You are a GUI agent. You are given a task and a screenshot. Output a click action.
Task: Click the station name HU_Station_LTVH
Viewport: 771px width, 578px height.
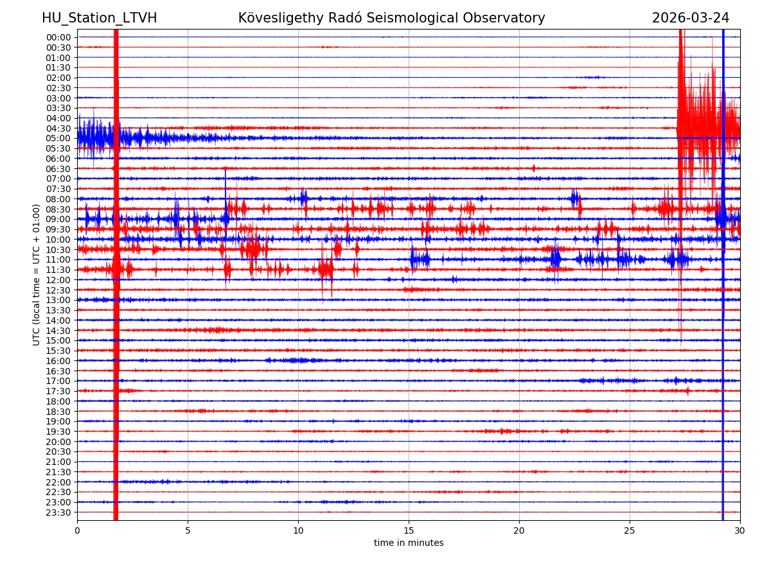click(x=99, y=18)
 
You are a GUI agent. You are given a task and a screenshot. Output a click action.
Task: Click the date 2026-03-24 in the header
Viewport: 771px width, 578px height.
click(x=691, y=18)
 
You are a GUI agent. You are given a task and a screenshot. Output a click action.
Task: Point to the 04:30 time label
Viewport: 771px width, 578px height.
click(x=58, y=128)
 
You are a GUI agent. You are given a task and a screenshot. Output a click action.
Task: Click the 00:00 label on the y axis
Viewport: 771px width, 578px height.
click(x=58, y=37)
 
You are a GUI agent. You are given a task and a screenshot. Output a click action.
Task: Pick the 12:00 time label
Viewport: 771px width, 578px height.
click(x=58, y=280)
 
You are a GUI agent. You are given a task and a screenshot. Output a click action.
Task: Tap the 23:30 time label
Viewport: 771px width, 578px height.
click(x=58, y=512)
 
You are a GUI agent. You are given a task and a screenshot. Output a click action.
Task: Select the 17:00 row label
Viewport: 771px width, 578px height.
click(x=58, y=381)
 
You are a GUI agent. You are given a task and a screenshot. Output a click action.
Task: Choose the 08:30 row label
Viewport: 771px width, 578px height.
click(x=58, y=209)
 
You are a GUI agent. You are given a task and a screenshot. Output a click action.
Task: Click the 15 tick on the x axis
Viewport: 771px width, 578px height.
click(x=409, y=531)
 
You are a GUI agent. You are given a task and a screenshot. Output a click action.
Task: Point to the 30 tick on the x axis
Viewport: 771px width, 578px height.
click(x=740, y=531)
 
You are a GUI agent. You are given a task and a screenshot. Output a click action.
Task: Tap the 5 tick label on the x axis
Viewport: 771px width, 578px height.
click(x=188, y=531)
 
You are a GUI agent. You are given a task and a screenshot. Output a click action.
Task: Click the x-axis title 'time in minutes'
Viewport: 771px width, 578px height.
click(x=409, y=543)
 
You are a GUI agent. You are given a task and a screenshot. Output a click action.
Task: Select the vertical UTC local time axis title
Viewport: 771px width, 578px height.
click(x=37, y=275)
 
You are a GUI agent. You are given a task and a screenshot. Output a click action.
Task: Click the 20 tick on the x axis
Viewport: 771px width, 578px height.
click(x=519, y=531)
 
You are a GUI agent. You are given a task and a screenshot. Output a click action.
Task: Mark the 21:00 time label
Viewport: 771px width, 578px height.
click(x=58, y=462)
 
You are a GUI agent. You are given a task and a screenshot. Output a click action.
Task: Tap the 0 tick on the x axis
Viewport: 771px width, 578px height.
click(x=77, y=531)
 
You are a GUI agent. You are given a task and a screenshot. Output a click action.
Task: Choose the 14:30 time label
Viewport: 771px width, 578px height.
click(x=58, y=331)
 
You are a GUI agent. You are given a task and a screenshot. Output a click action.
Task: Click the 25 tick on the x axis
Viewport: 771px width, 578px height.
click(x=630, y=531)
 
